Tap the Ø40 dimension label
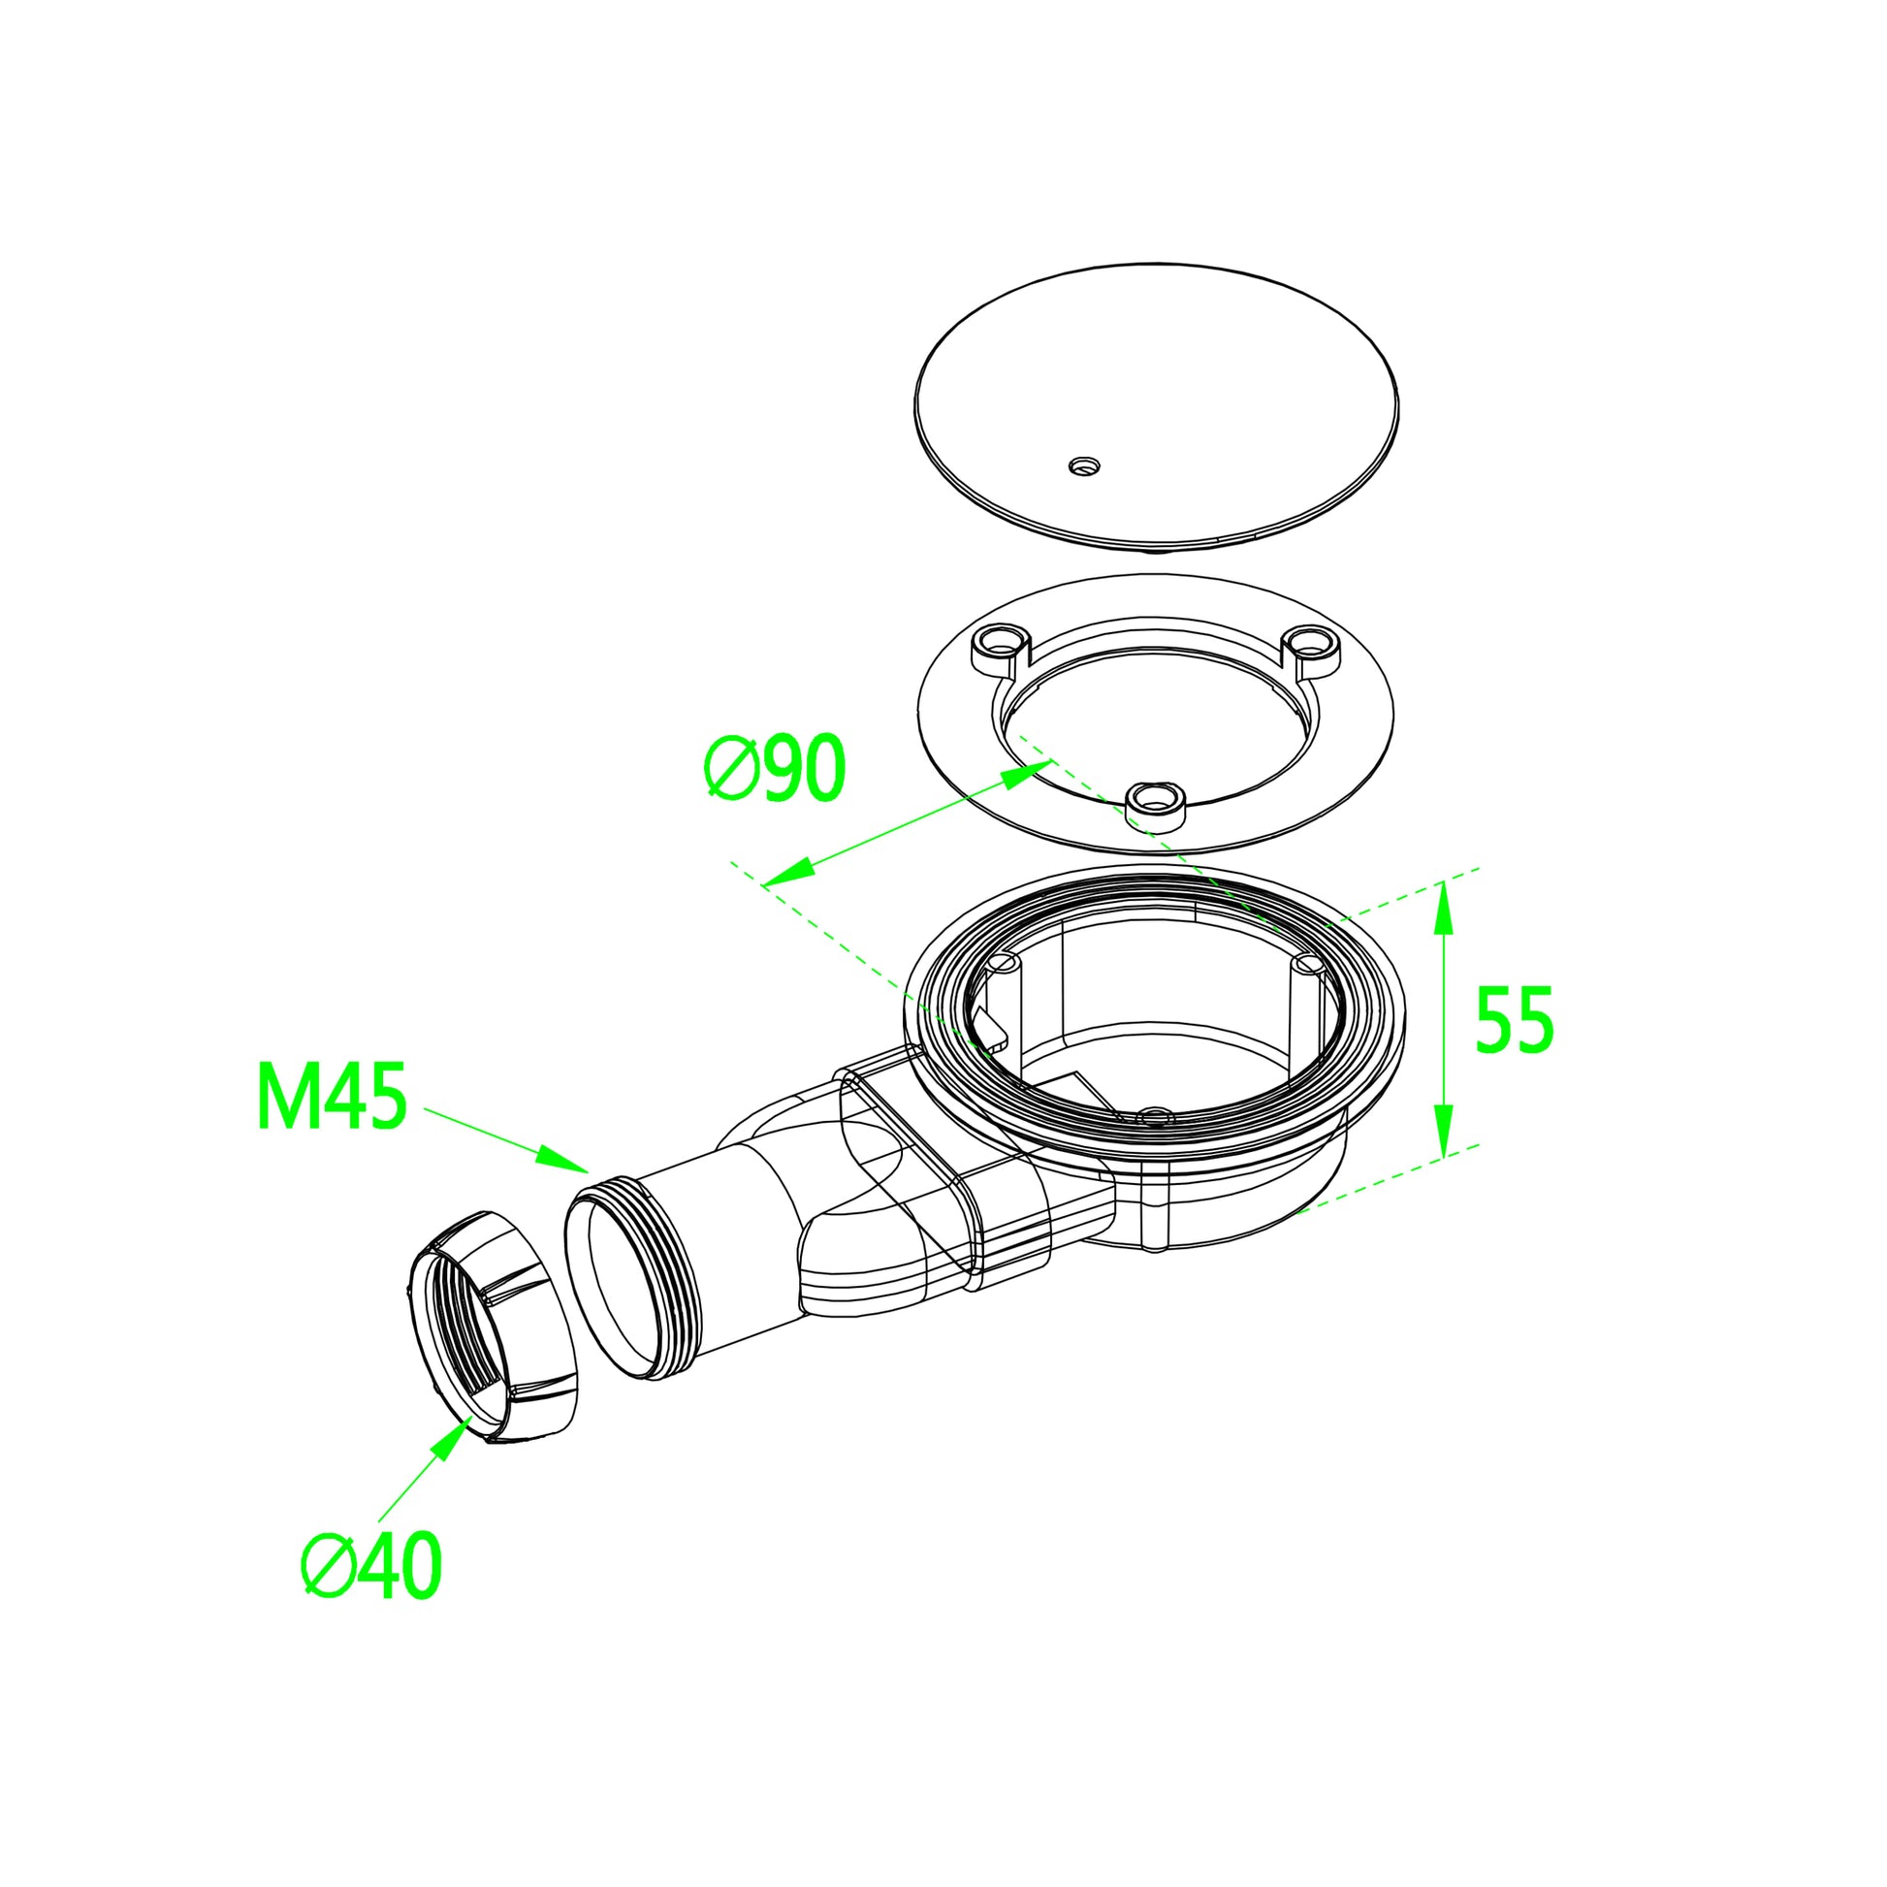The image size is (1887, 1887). (372, 1566)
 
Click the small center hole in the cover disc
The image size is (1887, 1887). (1083, 464)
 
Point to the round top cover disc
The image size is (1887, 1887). (1158, 391)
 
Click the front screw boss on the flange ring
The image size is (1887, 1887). (1156, 804)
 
